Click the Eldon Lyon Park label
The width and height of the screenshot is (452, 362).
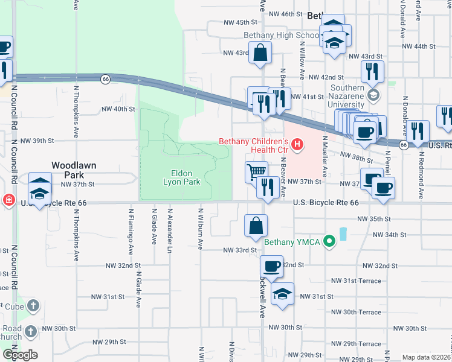[181, 176]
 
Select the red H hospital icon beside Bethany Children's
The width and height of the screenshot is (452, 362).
[297, 144]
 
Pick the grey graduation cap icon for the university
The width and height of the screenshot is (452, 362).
[373, 95]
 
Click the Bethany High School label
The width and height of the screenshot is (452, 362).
[281, 36]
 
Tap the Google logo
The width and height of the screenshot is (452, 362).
[20, 354]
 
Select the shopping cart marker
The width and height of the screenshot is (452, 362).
[257, 172]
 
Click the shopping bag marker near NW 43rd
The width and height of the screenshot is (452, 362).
[259, 52]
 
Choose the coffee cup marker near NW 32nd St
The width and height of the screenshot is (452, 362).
[271, 266]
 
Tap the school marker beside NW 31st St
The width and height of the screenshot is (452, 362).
[282, 295]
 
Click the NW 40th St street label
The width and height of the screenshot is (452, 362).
[118, 109]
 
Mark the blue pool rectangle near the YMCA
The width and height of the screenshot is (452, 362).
[343, 233]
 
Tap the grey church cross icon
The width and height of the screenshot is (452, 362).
[33, 306]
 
